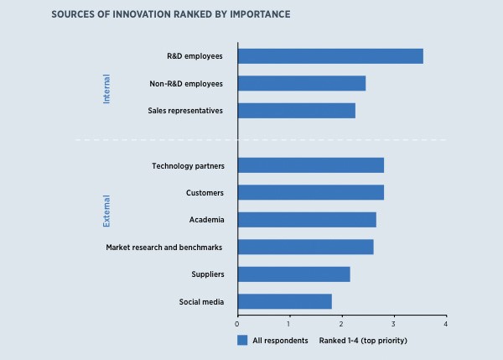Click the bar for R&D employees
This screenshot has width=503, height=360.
330,56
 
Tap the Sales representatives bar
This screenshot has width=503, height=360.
297,110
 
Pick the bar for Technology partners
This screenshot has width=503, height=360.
311,165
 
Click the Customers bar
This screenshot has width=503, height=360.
311,192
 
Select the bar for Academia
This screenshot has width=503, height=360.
307,220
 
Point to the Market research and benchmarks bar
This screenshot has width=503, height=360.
305,247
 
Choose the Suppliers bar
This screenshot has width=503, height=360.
293,274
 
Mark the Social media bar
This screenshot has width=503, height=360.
285,301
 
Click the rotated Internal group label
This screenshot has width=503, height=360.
106,89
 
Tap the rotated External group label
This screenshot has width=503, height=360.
106,211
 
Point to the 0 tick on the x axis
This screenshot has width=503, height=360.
237,323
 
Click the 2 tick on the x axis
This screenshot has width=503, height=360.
341,323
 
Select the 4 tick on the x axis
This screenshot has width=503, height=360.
446,323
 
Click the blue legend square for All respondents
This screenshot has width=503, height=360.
242,341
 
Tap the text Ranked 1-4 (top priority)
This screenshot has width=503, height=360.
363,341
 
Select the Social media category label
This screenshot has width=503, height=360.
201,301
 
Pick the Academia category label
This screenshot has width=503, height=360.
206,220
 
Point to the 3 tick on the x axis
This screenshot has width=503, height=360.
394,323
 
